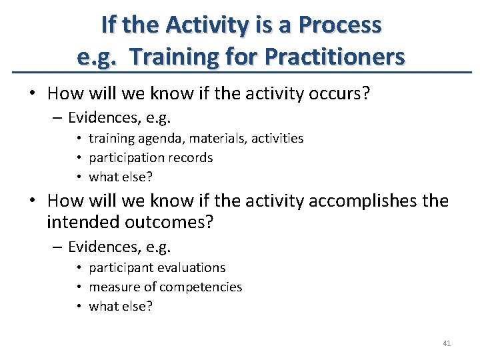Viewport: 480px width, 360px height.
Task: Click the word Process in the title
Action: pyautogui.click(x=340, y=25)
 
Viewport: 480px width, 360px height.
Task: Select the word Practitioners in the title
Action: pyautogui.click(x=335, y=57)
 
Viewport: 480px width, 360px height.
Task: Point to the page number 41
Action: pyautogui.click(x=447, y=343)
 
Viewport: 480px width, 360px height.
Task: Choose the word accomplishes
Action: pyautogui.click(x=350, y=201)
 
